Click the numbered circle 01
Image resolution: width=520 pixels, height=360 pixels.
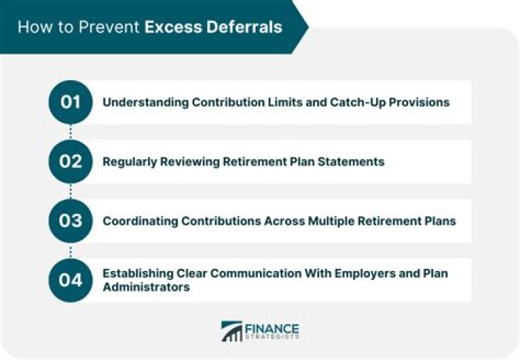pos(70,102)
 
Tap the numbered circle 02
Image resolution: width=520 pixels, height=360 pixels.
pos(70,161)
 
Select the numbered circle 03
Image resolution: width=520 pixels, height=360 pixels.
pos(70,220)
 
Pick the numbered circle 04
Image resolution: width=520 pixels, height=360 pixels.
pos(70,280)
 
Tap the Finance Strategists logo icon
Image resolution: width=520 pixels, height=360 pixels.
pos(232,331)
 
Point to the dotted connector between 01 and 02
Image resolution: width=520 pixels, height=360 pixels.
pos(70,132)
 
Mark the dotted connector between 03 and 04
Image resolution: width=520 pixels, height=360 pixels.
pos(70,250)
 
